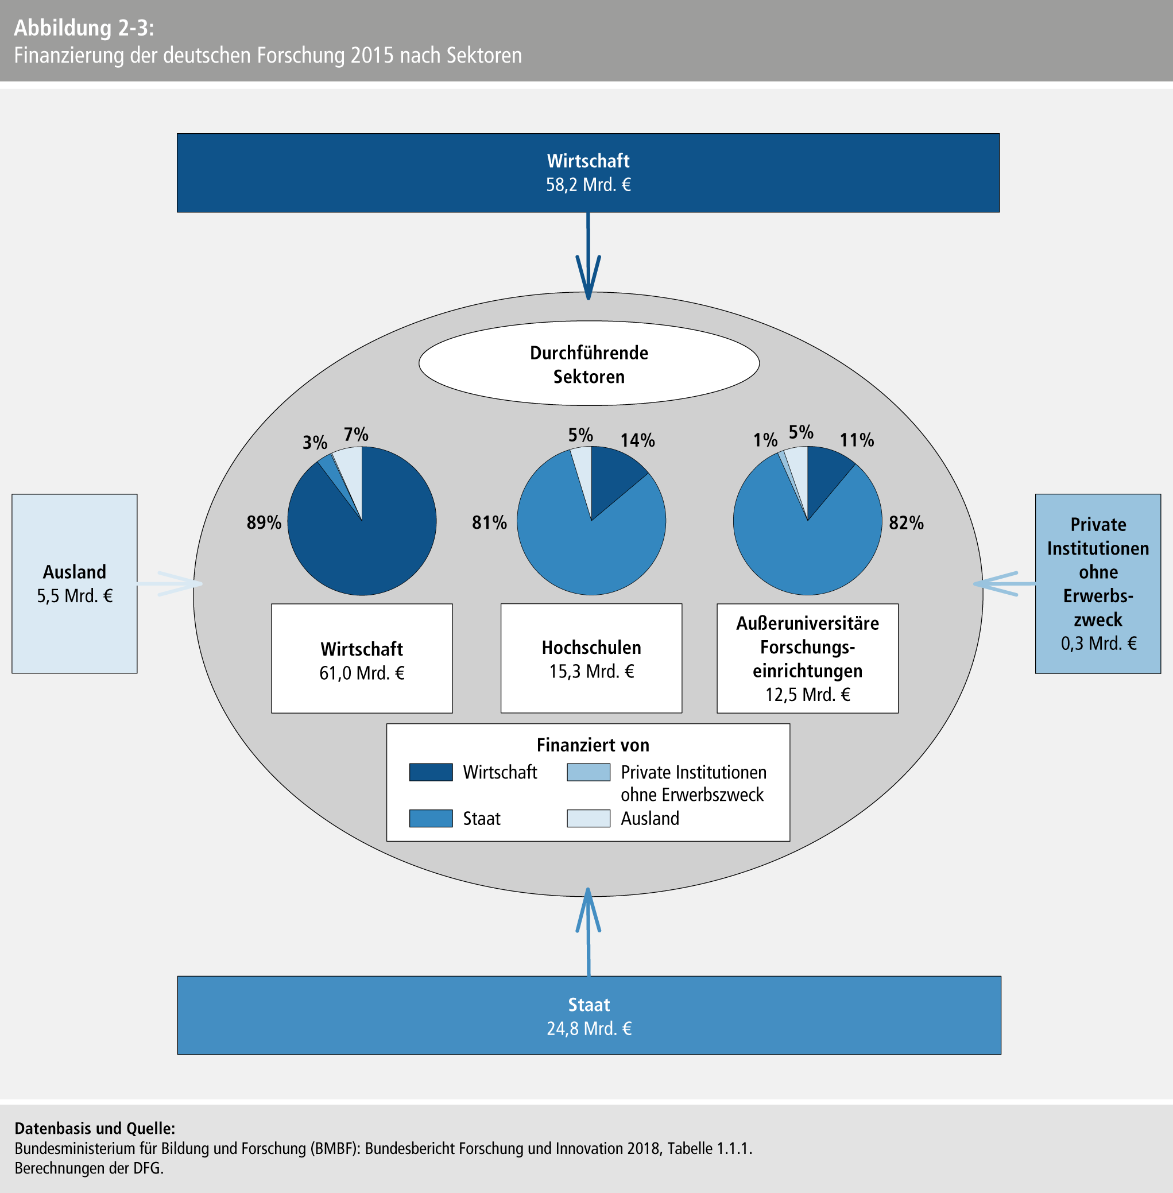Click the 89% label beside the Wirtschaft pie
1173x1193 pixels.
click(x=264, y=522)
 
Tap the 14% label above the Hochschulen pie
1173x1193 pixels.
click(x=637, y=440)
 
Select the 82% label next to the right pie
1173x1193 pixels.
click(x=905, y=523)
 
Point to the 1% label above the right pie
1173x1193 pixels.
click(x=765, y=440)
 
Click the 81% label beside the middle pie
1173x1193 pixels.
click(x=489, y=522)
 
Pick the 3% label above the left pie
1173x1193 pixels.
click(x=314, y=442)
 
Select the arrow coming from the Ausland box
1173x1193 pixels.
click(x=169, y=583)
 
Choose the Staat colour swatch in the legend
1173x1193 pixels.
click(x=431, y=818)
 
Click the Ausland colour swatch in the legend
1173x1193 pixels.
click(x=589, y=818)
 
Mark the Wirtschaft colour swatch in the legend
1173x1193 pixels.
click(x=431, y=772)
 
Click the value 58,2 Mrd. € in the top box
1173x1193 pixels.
click(x=589, y=185)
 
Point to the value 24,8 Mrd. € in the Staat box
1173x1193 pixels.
click(x=589, y=1029)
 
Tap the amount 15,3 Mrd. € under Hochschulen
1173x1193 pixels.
click(x=591, y=671)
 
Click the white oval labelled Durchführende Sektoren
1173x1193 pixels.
click(x=589, y=363)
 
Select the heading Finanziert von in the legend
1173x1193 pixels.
click(x=593, y=745)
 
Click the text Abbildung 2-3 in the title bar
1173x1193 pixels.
click(x=84, y=28)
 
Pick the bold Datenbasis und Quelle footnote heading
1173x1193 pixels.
click(x=95, y=1128)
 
